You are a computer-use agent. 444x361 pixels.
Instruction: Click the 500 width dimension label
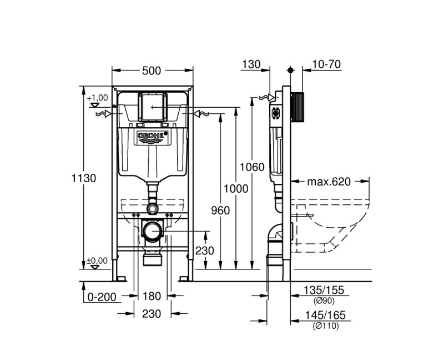(152, 71)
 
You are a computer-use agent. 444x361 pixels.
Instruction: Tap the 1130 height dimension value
(84, 178)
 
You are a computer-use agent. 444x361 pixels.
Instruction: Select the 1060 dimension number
(252, 167)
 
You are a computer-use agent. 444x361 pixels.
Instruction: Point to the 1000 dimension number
(236, 189)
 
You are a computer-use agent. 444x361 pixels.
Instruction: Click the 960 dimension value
(220, 210)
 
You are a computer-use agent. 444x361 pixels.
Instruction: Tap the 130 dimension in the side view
(251, 64)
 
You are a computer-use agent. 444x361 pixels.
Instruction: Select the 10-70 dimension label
(326, 64)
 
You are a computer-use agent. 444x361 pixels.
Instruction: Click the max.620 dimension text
(329, 182)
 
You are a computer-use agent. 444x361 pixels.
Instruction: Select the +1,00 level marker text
(97, 97)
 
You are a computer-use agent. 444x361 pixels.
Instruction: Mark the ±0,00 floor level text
(97, 260)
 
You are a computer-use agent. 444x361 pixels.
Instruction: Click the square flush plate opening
(152, 106)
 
